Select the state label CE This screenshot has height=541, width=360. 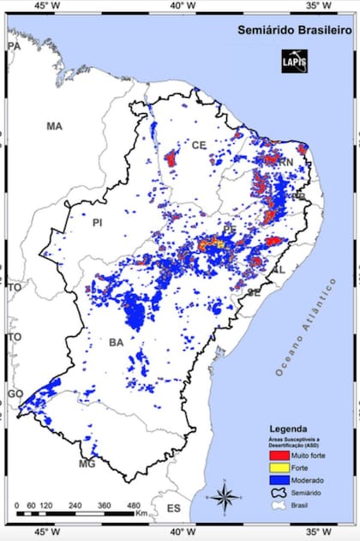tap(200, 144)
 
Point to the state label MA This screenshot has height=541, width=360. tap(54, 126)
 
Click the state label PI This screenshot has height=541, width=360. tap(97, 222)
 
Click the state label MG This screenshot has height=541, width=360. tap(87, 464)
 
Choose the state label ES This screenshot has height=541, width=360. tap(174, 508)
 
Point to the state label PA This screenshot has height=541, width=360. tap(14, 45)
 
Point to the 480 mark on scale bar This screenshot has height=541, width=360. tap(135, 506)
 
